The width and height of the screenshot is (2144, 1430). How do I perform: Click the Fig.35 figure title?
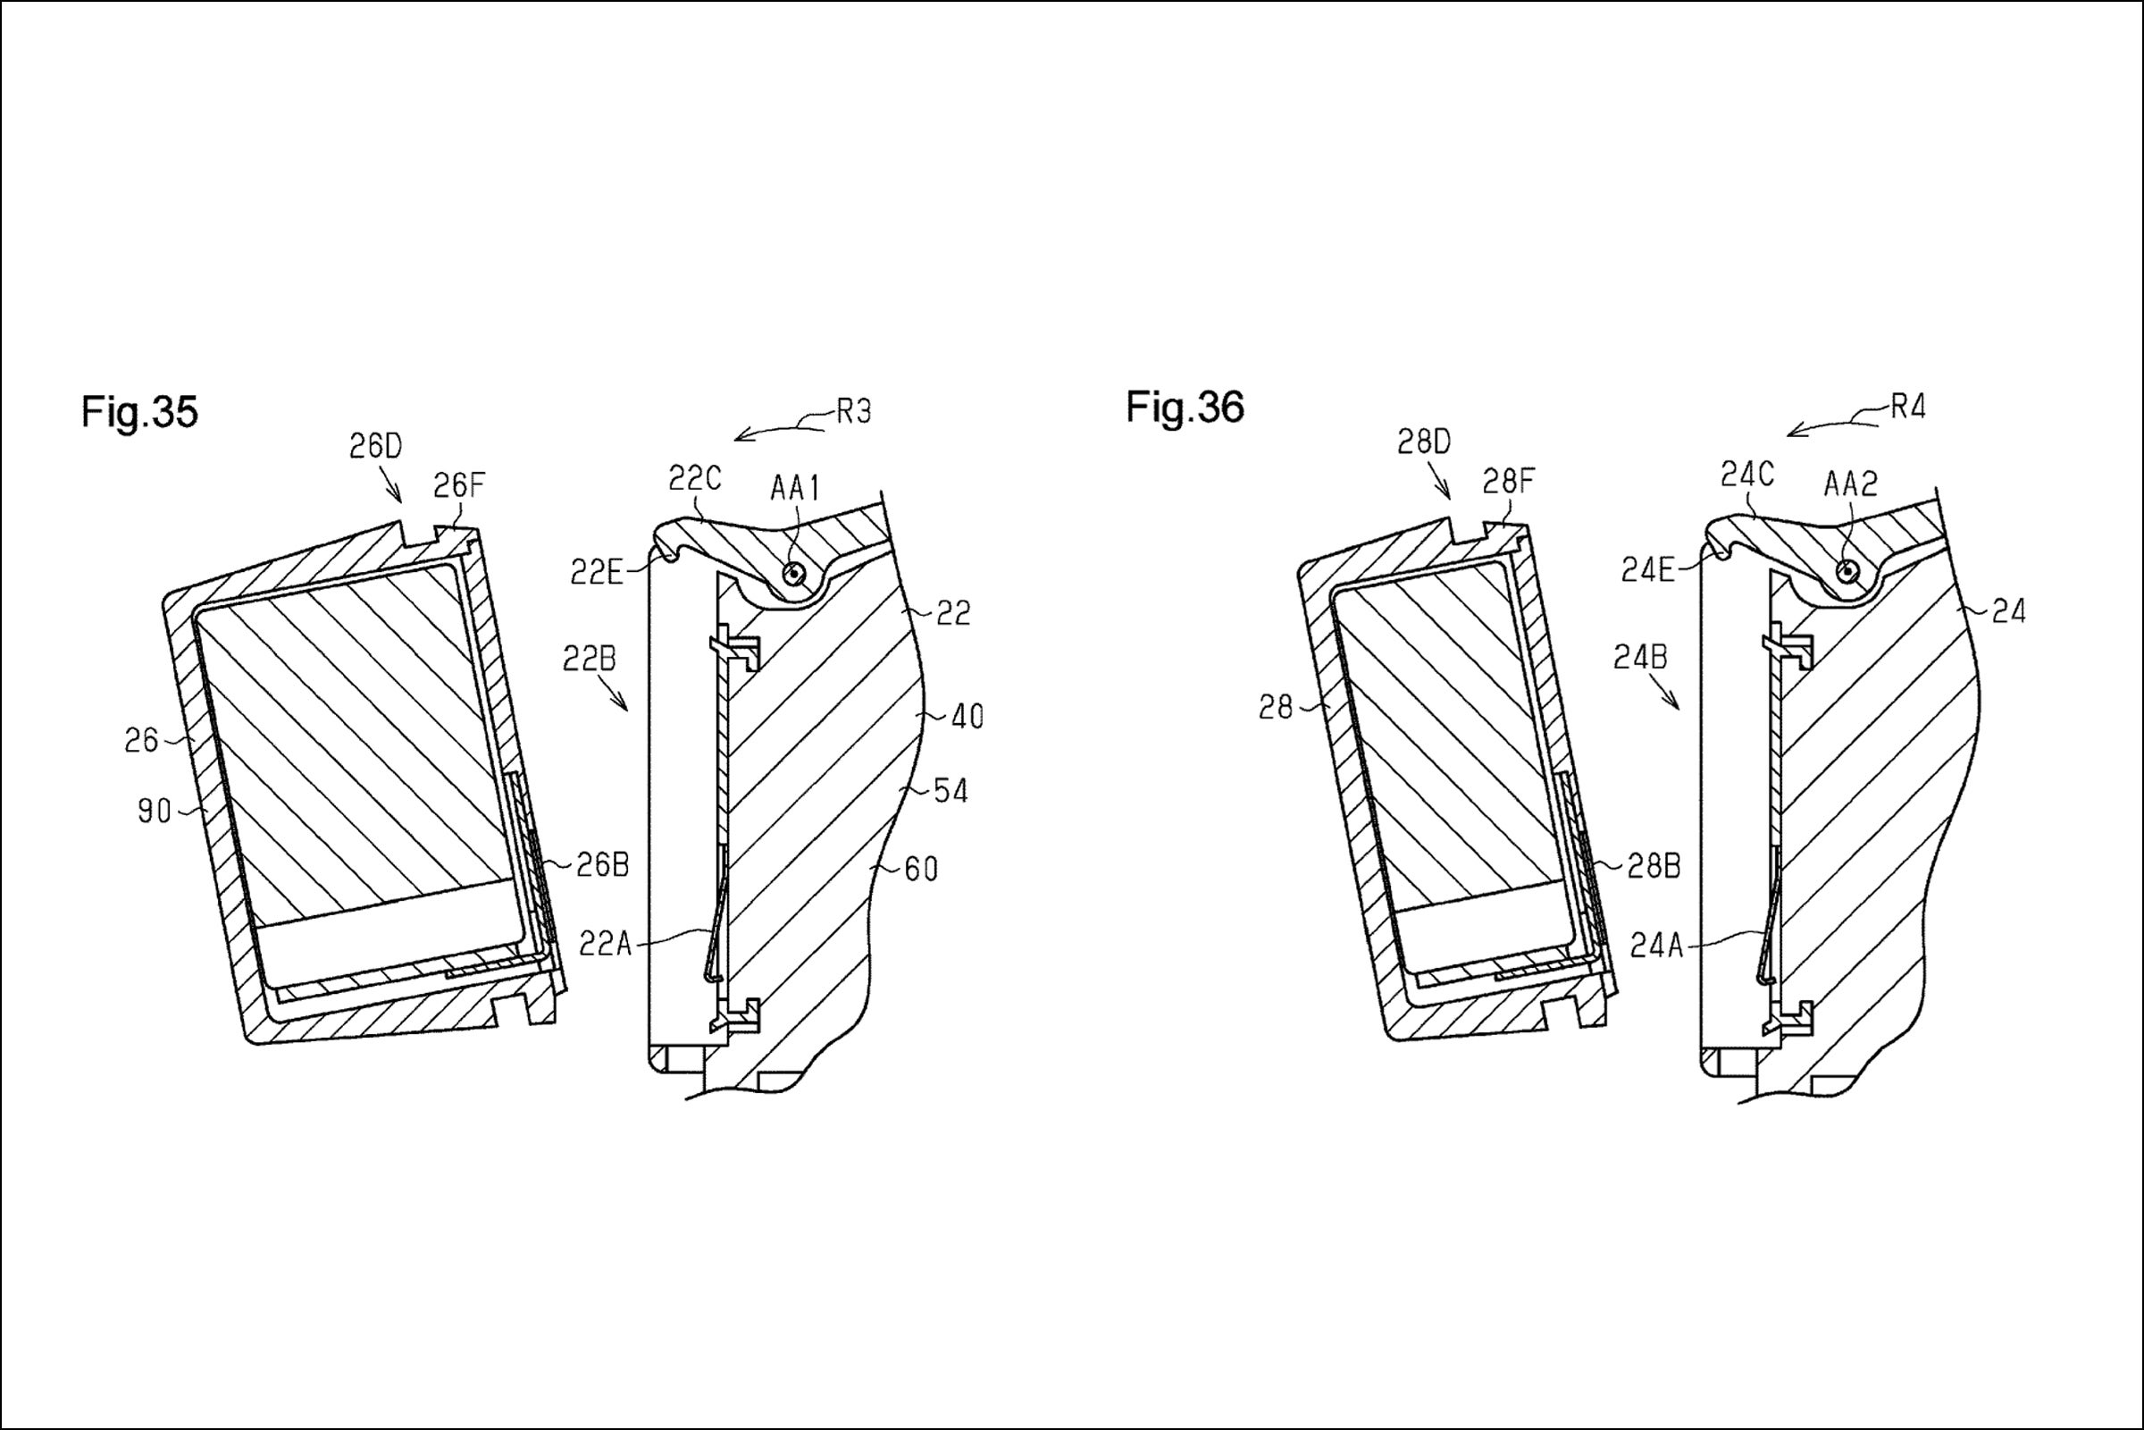139,412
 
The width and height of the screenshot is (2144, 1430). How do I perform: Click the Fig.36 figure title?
1185,408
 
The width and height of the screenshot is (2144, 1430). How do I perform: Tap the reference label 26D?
375,446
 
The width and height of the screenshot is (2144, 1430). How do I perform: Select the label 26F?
458,486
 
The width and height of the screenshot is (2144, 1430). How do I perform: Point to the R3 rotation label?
853,412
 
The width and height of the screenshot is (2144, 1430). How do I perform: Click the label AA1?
795,489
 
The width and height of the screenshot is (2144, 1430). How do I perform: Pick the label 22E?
596,572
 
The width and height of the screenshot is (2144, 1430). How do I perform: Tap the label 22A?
606,944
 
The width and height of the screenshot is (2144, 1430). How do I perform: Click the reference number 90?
154,811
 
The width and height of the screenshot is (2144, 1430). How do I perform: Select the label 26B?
602,864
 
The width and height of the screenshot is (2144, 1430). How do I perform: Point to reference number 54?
951,791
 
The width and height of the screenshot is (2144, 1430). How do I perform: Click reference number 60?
921,869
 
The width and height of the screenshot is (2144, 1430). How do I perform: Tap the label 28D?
1423,442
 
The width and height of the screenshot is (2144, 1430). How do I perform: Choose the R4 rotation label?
1908,407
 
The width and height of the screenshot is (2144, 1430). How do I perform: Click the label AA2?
1850,484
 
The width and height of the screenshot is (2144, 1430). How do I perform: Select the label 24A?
1655,946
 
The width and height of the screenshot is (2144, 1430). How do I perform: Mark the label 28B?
1654,866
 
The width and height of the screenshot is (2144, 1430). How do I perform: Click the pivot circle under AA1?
795,573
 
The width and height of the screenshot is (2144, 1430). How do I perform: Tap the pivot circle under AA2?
1847,570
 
